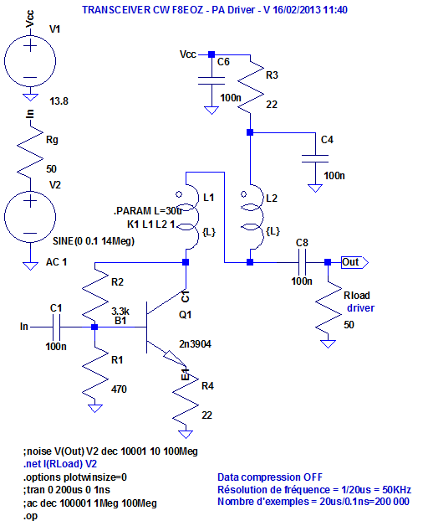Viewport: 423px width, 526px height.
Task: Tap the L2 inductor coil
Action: coord(248,213)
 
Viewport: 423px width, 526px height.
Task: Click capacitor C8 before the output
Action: coord(303,261)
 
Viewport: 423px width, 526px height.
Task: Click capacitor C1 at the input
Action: coord(55,327)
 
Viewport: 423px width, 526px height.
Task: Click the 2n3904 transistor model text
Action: coord(196,344)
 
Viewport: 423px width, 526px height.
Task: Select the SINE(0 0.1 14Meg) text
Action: coord(94,241)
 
